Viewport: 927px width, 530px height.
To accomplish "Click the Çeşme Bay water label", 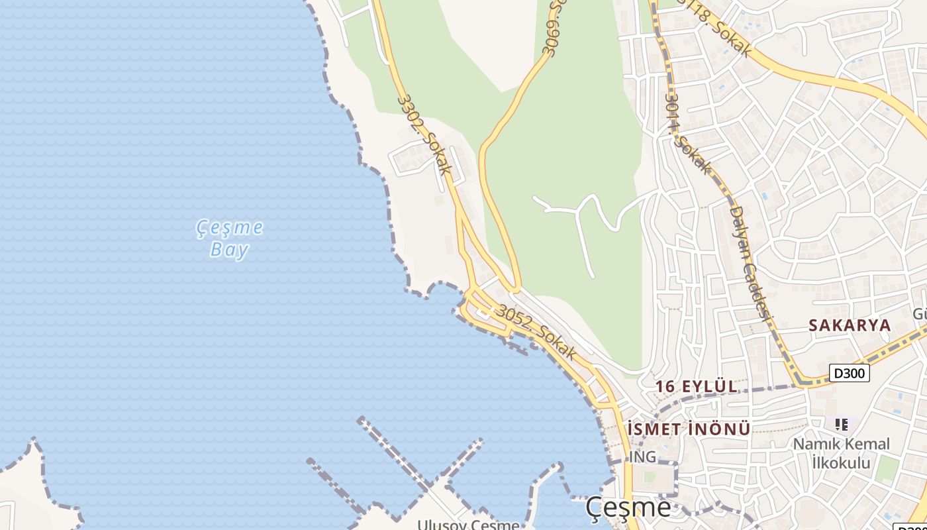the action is click(x=230, y=238).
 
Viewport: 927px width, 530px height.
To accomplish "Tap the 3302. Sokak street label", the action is click(x=424, y=135).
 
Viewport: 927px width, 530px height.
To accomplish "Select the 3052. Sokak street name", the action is click(x=536, y=332).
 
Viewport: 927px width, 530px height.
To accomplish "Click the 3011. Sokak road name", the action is click(x=688, y=132).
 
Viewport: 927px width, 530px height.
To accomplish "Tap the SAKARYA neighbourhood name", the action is click(x=850, y=325).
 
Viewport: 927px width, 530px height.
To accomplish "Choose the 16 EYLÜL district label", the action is click(x=696, y=386).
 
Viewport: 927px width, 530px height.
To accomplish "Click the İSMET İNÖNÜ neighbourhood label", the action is click(x=689, y=429).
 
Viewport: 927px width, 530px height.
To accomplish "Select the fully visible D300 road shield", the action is click(x=850, y=373).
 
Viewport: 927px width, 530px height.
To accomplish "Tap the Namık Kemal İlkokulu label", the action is click(x=841, y=453).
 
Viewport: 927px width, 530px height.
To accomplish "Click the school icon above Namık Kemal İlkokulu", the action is click(x=842, y=424).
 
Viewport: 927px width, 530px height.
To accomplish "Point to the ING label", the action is click(x=642, y=456).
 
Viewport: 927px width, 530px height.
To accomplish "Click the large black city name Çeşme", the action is click(x=628, y=508).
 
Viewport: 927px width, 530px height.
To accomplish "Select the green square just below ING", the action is click(x=648, y=477).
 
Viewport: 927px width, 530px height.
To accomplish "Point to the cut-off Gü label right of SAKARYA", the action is click(x=919, y=313).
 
